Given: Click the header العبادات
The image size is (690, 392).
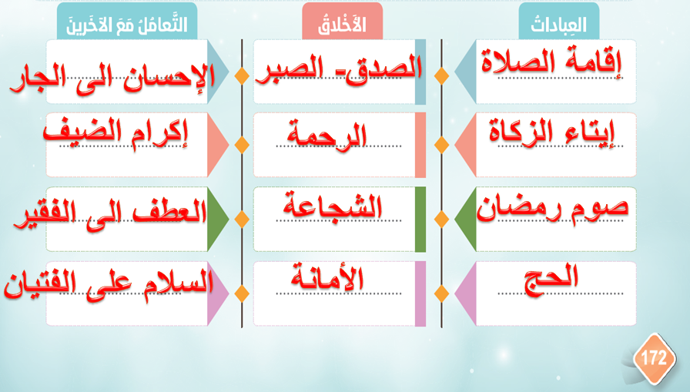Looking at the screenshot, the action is click(558, 25).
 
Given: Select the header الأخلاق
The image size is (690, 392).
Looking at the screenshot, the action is click(342, 25).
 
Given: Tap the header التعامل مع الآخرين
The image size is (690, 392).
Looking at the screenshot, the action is click(127, 25).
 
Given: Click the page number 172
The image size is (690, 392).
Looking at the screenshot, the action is click(654, 358).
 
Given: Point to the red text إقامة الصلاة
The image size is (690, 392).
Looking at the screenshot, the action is click(551, 62).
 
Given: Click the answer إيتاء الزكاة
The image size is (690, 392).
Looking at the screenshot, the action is click(552, 133).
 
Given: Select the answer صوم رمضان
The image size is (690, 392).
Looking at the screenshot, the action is click(552, 208).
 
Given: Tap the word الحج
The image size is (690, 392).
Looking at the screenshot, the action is click(551, 278).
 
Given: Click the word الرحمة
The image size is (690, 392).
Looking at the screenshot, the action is click(327, 135).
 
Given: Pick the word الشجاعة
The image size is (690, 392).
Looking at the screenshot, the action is click(332, 206).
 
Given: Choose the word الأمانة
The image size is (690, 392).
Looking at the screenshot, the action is click(327, 278).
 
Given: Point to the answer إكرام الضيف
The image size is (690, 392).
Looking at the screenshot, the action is click(116, 133).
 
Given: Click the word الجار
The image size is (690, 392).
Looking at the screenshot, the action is click(37, 80).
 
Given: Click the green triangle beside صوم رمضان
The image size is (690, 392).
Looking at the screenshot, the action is click(465, 219).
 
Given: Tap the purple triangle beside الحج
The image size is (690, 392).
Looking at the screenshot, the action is click(465, 293).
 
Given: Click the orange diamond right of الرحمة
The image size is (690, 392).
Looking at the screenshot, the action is click(441, 144).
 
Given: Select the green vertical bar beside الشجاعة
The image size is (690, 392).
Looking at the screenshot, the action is click(420, 219).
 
